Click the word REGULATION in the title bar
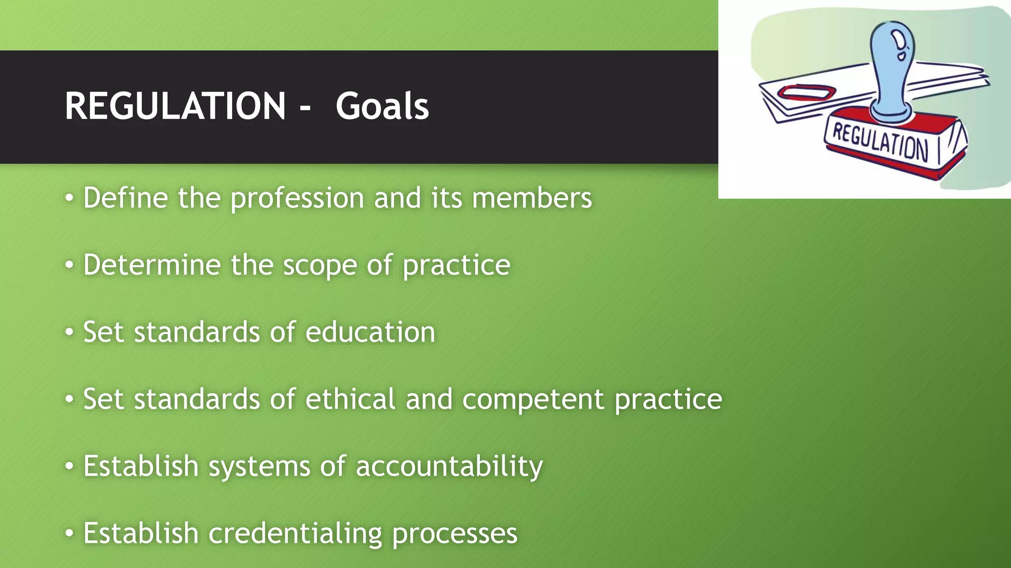coord(175,106)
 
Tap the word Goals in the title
coord(382,106)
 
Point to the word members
coord(532,198)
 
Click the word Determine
coord(152,265)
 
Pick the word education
coord(370,332)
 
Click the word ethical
coord(350,399)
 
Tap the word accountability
coord(449,466)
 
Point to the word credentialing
coord(295,533)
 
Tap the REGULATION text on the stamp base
coord(880,142)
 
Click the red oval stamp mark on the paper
coord(806,92)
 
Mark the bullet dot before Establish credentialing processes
coord(70,533)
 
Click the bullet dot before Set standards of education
coord(70,332)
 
